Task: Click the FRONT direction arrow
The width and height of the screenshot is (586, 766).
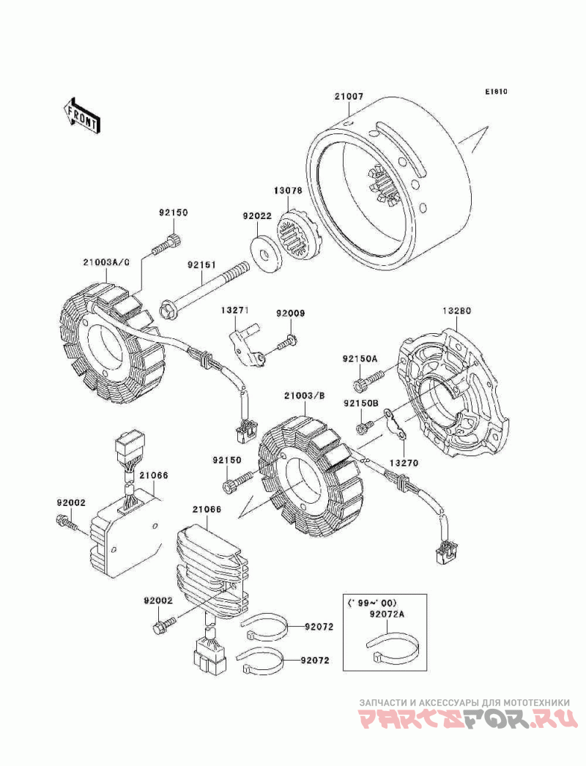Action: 82,115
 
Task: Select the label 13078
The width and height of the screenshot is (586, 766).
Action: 289,191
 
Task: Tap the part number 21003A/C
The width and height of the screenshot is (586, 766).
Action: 106,261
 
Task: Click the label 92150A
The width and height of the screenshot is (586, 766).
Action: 360,359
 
